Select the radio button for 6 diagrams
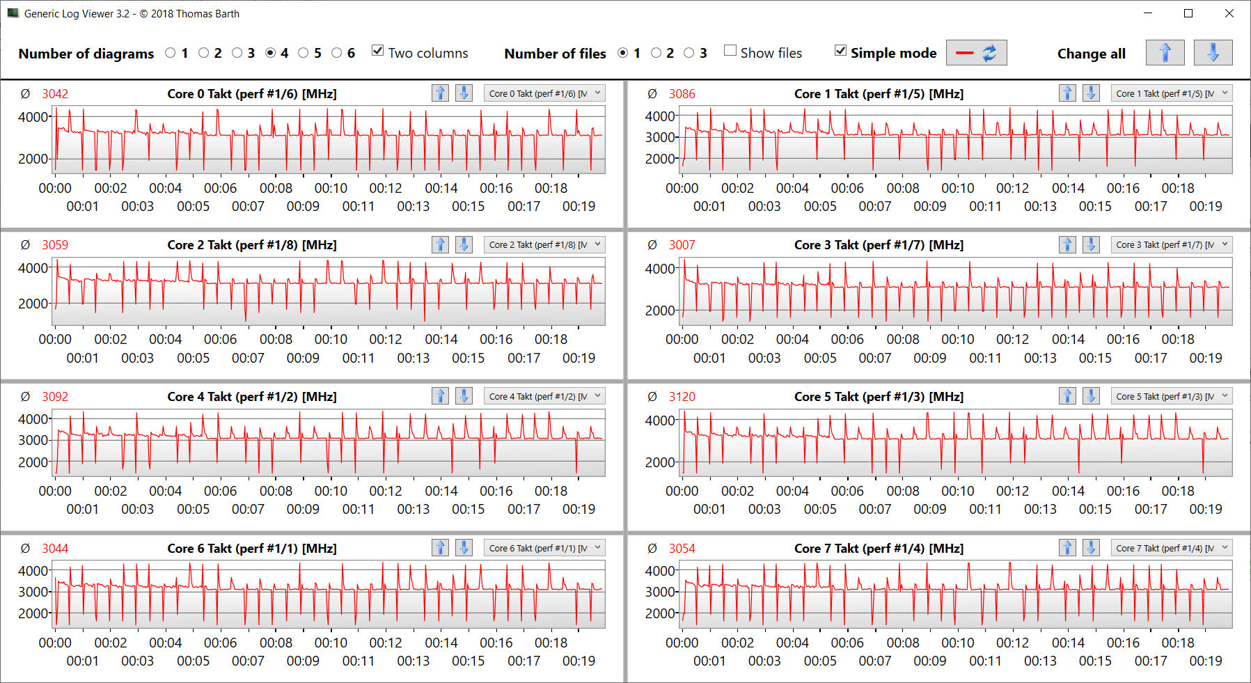[337, 53]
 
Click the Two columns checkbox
[378, 51]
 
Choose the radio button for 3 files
[689, 53]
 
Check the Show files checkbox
[730, 51]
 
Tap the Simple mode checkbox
[841, 51]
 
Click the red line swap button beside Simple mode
[976, 53]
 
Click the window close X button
[1229, 13]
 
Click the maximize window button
[1188, 13]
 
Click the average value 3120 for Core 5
[682, 397]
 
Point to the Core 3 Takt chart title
[879, 245]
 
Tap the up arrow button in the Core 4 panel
[440, 396]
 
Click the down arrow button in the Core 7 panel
[1091, 548]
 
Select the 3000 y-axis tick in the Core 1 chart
[660, 137]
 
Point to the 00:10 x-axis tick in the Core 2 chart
[331, 339]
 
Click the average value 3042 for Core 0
[55, 94]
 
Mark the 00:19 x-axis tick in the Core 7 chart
[1205, 661]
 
